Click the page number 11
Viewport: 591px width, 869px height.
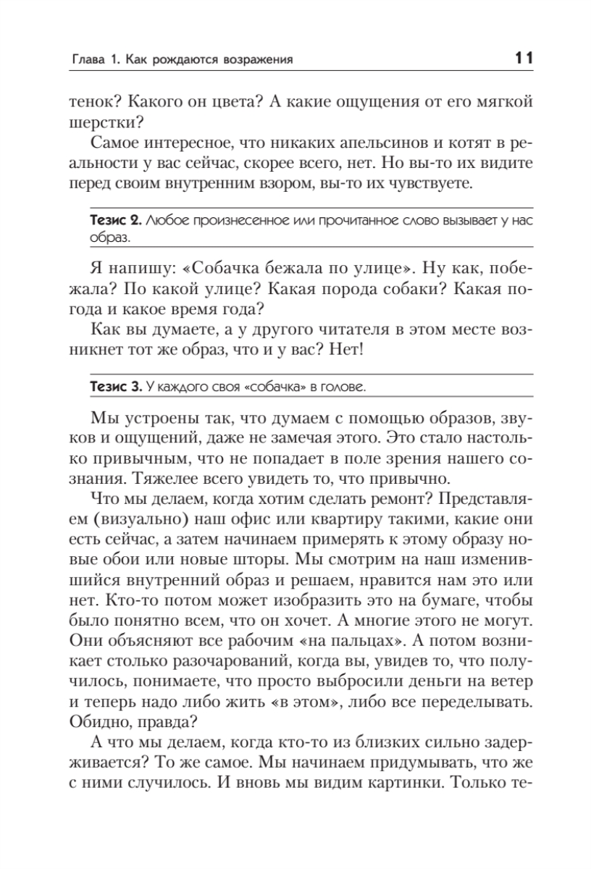[524, 59]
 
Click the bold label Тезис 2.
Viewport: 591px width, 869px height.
[116, 220]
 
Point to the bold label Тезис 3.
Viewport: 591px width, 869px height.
[116, 387]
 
